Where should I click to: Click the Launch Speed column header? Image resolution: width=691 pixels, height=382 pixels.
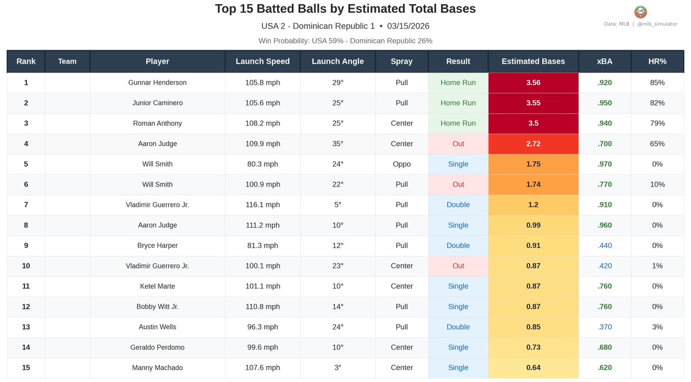pyautogui.click(x=262, y=62)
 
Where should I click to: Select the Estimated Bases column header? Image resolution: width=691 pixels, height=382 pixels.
pyautogui.click(x=533, y=62)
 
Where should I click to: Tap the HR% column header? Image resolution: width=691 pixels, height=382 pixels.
pyautogui.click(x=657, y=62)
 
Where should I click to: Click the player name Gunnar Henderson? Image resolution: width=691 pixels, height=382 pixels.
pyautogui.click(x=157, y=83)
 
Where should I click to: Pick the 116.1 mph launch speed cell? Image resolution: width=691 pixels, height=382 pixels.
pyautogui.click(x=262, y=205)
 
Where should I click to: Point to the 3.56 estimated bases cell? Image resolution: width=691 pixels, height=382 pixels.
pyautogui.click(x=533, y=83)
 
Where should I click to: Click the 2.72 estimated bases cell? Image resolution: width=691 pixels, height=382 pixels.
pyautogui.click(x=533, y=144)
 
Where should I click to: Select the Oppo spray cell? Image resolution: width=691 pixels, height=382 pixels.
pyautogui.click(x=402, y=164)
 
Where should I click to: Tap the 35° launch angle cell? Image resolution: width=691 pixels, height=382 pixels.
pyautogui.click(x=338, y=144)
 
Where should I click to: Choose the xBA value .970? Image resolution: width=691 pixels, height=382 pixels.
pyautogui.click(x=605, y=164)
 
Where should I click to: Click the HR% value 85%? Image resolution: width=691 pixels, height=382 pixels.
pyautogui.click(x=657, y=83)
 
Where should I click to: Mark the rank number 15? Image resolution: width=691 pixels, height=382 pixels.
pyautogui.click(x=26, y=368)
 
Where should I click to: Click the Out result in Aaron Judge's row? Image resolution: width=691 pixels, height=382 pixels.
pyautogui.click(x=458, y=144)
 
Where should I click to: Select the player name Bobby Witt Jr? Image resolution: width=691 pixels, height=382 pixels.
pyautogui.click(x=157, y=307)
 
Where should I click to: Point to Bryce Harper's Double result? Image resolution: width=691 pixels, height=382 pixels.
pyautogui.click(x=458, y=246)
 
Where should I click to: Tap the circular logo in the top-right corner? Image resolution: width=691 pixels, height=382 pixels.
pyautogui.click(x=640, y=12)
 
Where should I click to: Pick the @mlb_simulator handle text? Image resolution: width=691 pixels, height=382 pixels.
pyautogui.click(x=657, y=24)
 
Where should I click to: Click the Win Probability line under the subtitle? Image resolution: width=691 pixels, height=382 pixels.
pyautogui.click(x=345, y=41)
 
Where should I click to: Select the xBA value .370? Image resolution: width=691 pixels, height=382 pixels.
pyautogui.click(x=605, y=327)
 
